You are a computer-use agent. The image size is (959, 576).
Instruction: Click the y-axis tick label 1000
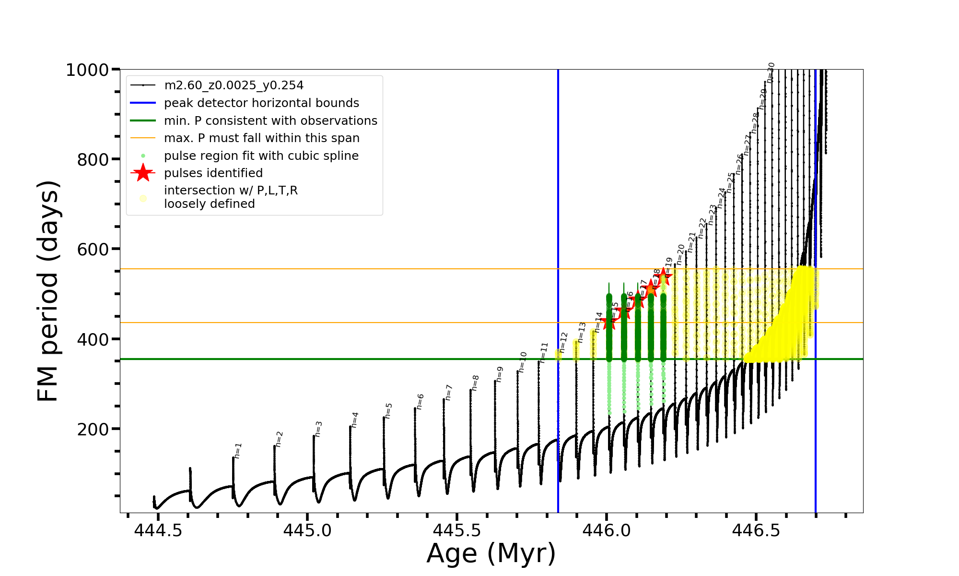[x=87, y=70]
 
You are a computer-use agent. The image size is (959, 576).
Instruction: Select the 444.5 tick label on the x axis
[x=158, y=530]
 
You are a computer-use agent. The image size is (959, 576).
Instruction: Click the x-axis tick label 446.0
[x=607, y=530]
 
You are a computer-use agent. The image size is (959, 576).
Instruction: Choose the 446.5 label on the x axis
[x=756, y=530]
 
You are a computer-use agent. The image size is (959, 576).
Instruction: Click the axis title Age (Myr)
[x=491, y=553]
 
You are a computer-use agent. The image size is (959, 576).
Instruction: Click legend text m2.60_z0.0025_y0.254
[x=234, y=85]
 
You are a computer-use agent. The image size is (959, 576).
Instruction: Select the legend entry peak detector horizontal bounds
[x=261, y=103]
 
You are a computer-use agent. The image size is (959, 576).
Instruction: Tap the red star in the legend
[x=143, y=173]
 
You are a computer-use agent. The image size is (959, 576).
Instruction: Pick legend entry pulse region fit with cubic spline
[x=261, y=156]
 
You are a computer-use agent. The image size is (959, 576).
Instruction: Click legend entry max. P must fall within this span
[x=261, y=138]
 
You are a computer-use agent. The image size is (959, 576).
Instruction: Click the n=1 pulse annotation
[x=238, y=450]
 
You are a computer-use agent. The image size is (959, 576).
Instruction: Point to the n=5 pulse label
[x=388, y=410]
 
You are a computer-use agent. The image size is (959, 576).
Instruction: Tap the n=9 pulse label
[x=500, y=374]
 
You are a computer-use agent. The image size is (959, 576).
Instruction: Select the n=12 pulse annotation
[x=564, y=342]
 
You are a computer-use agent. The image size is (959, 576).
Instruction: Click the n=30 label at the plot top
[x=771, y=72]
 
